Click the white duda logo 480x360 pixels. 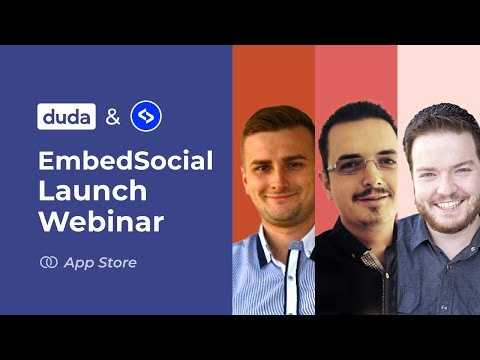(66, 117)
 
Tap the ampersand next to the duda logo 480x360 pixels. (112, 117)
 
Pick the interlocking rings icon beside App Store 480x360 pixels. (47, 263)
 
